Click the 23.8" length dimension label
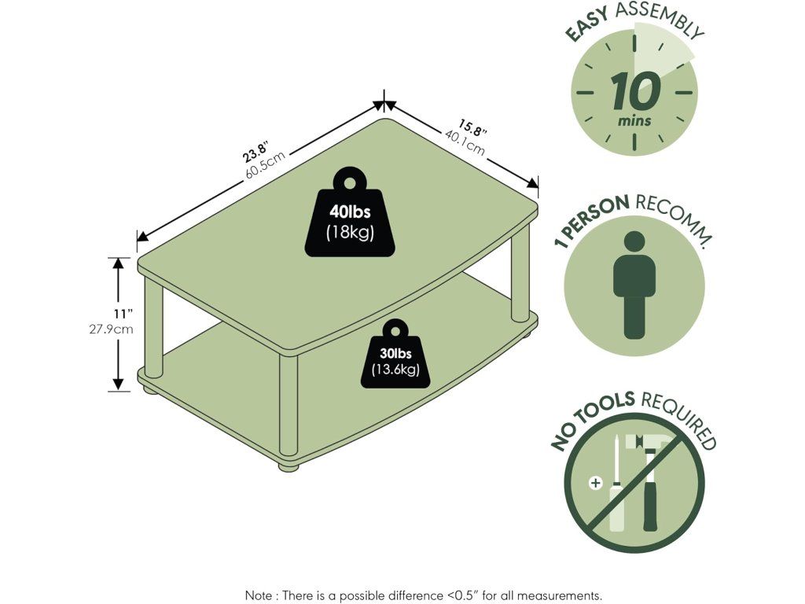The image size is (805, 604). tap(256, 149)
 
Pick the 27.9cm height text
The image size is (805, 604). tap(111, 329)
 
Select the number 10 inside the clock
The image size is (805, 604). tap(634, 93)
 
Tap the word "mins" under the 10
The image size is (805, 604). tap(634, 121)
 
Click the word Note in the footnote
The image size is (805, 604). tap(259, 595)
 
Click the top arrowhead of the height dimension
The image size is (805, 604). tap(119, 263)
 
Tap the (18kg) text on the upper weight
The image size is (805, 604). tap(351, 233)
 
